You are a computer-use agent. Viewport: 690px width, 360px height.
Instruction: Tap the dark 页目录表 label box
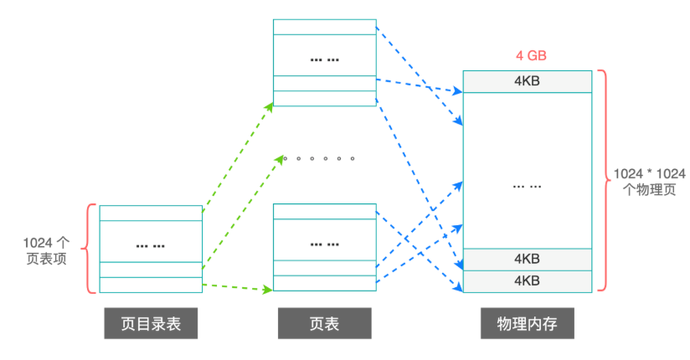click(151, 324)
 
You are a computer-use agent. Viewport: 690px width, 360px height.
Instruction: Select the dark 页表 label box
click(324, 324)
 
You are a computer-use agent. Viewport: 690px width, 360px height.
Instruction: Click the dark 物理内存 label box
click(528, 324)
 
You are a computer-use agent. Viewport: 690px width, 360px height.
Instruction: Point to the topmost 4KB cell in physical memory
click(528, 82)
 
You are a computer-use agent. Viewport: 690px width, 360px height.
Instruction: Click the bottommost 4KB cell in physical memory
click(528, 281)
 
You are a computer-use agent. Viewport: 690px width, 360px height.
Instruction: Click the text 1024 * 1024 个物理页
click(650, 181)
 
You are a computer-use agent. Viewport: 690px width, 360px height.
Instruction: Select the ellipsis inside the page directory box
click(151, 245)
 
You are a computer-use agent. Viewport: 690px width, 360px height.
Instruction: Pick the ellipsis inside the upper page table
click(324, 59)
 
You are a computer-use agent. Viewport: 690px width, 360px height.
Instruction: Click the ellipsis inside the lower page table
click(324, 244)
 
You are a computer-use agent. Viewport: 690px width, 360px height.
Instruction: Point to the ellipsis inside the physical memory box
click(528, 185)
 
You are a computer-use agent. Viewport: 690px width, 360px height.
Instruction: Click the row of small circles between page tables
click(318, 157)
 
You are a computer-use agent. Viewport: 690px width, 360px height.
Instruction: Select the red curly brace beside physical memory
click(601, 181)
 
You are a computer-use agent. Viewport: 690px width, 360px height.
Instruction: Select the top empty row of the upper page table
click(324, 27)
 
